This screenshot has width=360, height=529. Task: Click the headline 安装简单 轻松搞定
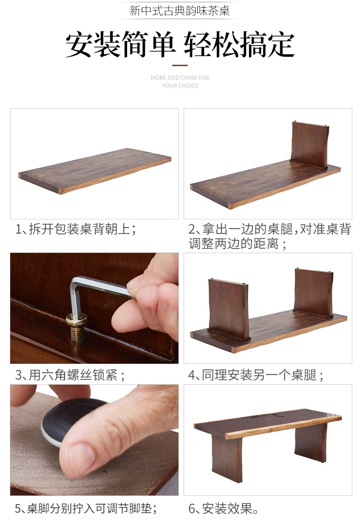(x=180, y=45)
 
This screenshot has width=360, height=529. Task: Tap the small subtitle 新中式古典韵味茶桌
(x=180, y=10)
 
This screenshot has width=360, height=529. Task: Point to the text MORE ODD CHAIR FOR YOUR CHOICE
(x=180, y=82)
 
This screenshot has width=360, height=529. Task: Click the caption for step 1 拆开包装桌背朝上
(x=76, y=229)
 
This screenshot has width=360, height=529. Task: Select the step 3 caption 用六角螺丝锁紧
(x=70, y=375)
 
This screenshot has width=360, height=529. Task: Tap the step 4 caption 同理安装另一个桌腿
(x=256, y=375)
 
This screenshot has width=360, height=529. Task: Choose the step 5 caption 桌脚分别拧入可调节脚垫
(x=86, y=508)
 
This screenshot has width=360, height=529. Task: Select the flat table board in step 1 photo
(x=95, y=171)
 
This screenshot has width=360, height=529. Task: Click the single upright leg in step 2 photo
(x=309, y=145)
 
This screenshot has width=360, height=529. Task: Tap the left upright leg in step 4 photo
(x=229, y=309)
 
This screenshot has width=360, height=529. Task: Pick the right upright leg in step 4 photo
(x=314, y=292)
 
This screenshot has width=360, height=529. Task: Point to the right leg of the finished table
(x=311, y=441)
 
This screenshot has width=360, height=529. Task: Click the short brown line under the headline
(x=180, y=65)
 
